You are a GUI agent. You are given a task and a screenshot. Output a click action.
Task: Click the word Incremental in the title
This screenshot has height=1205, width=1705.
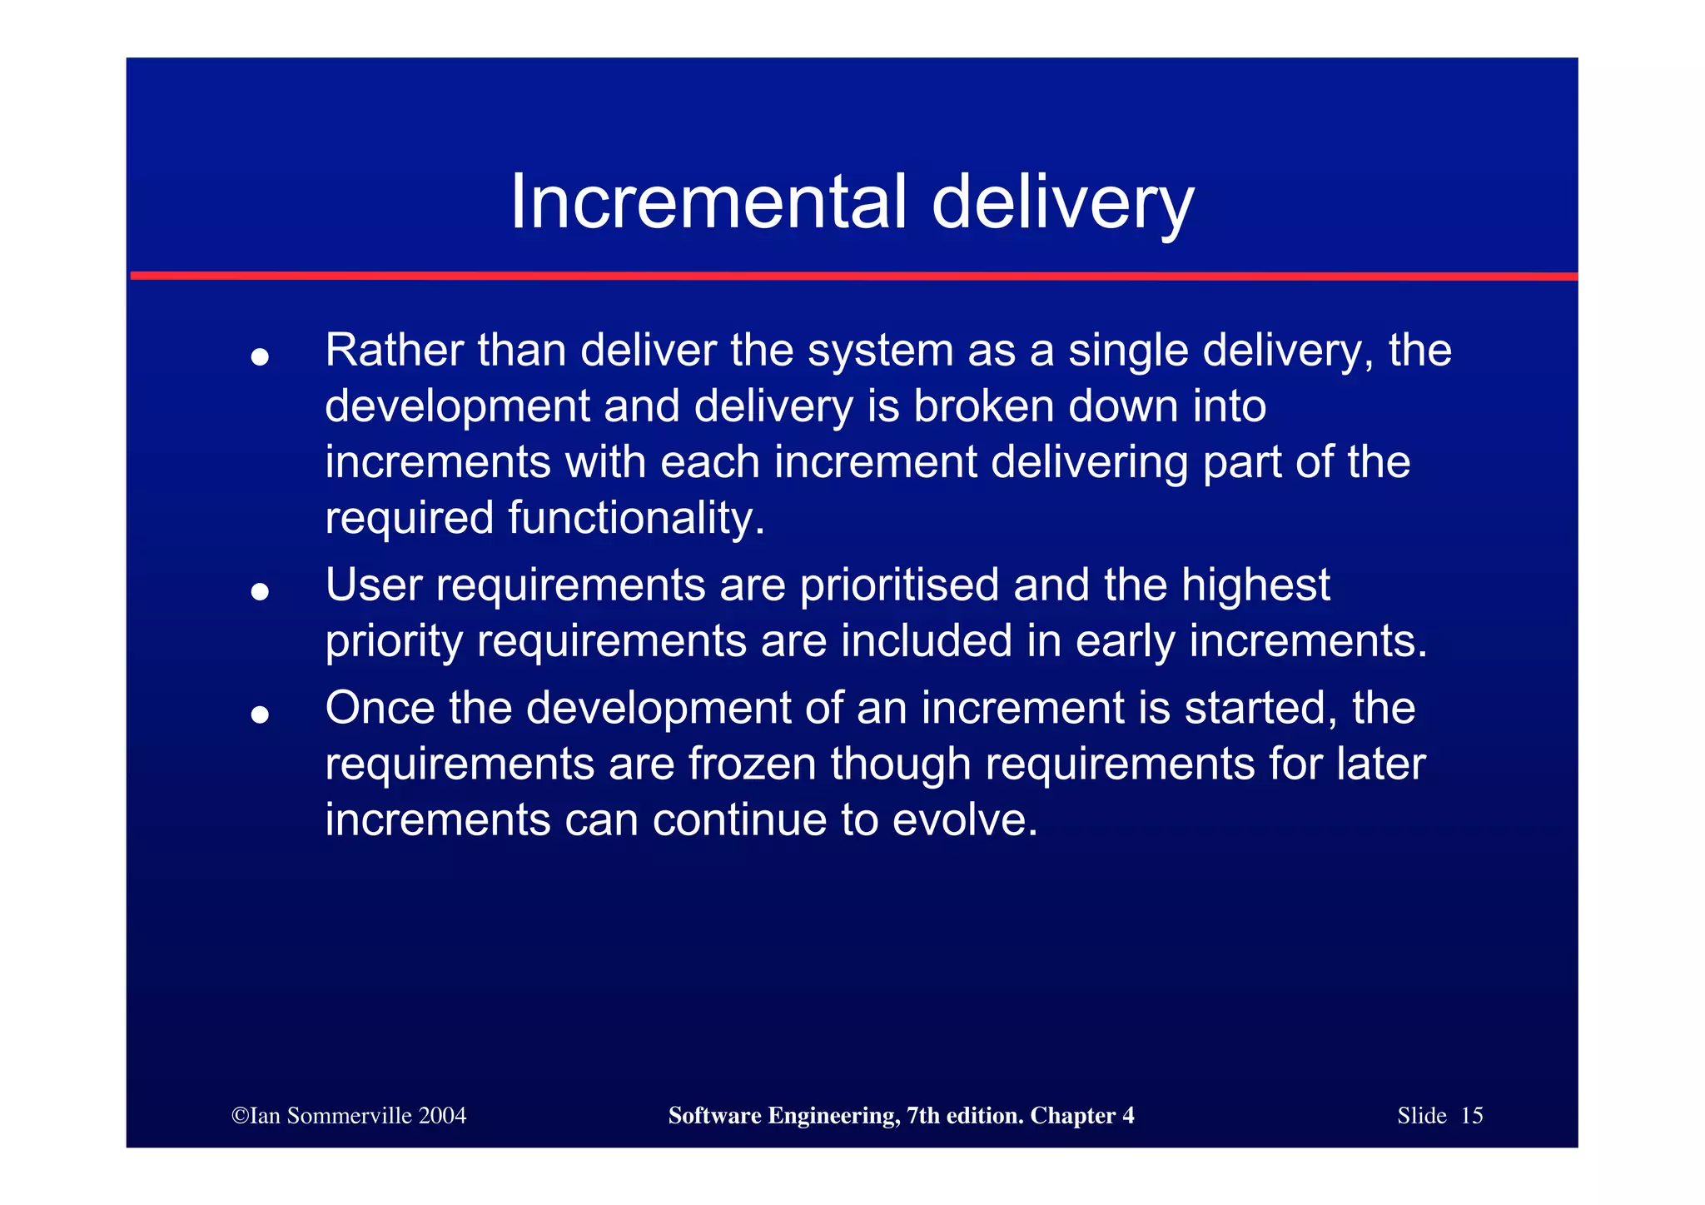point(708,202)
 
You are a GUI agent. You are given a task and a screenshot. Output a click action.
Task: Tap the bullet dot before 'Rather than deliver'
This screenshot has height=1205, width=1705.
point(260,356)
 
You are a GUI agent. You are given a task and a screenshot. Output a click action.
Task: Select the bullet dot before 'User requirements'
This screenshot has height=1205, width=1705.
point(260,591)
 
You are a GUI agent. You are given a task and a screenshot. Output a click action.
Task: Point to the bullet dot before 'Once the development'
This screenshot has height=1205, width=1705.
point(260,715)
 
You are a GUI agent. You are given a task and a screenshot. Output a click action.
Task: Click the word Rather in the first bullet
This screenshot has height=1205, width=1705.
point(393,350)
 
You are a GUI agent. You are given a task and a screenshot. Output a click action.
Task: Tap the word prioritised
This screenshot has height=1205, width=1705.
point(899,585)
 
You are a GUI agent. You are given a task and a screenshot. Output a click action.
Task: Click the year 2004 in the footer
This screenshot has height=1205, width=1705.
point(442,1116)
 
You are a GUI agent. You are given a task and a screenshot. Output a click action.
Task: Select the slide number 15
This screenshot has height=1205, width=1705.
point(1471,1116)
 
